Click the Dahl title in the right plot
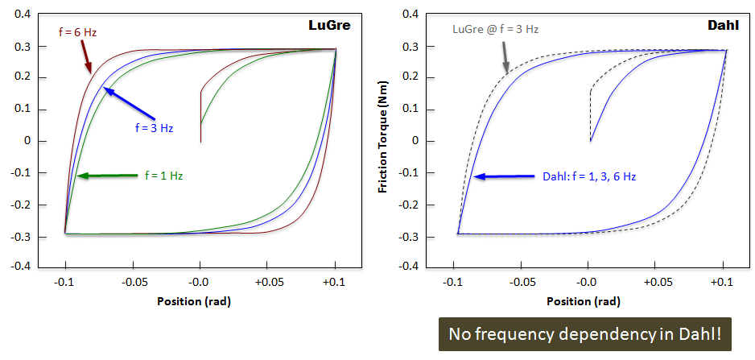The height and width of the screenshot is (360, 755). [724, 25]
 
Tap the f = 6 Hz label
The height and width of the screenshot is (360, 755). [78, 32]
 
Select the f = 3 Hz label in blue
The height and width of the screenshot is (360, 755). [152, 127]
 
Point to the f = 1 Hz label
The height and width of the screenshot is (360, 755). [163, 175]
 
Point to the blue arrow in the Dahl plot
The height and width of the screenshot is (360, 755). [504, 176]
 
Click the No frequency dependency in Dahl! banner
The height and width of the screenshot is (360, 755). [585, 333]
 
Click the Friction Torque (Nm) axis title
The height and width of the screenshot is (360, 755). [386, 140]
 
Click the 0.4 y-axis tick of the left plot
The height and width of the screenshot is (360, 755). [22, 15]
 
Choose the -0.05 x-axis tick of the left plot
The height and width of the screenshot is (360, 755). [133, 283]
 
